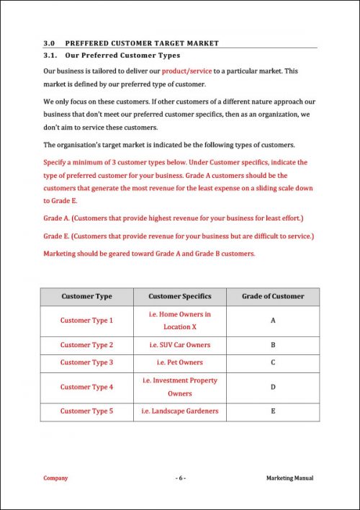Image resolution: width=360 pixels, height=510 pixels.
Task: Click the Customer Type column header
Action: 86,296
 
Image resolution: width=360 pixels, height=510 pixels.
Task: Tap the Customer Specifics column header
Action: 179,296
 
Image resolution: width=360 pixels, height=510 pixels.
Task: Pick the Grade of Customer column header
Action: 273,296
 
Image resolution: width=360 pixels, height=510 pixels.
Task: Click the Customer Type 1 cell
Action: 86,321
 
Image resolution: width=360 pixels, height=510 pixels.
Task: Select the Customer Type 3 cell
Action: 86,362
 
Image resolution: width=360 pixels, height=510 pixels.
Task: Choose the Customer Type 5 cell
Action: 86,411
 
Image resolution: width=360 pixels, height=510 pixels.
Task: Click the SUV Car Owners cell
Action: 179,345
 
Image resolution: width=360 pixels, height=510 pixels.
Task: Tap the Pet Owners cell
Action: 179,362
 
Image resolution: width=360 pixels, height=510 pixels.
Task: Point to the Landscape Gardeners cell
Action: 179,411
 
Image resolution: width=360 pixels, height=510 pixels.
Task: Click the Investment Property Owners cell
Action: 179,387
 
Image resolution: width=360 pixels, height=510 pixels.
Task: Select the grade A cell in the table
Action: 273,321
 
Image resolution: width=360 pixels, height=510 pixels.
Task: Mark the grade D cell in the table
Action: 273,387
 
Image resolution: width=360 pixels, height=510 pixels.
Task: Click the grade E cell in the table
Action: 273,411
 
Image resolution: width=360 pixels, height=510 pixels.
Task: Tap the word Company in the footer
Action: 55,478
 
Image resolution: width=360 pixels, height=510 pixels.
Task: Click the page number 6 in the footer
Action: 180,478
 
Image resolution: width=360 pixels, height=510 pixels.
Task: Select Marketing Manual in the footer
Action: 289,478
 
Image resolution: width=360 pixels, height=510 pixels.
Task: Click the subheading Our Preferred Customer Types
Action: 122,55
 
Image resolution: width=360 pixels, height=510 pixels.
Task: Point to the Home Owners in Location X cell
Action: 179,321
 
